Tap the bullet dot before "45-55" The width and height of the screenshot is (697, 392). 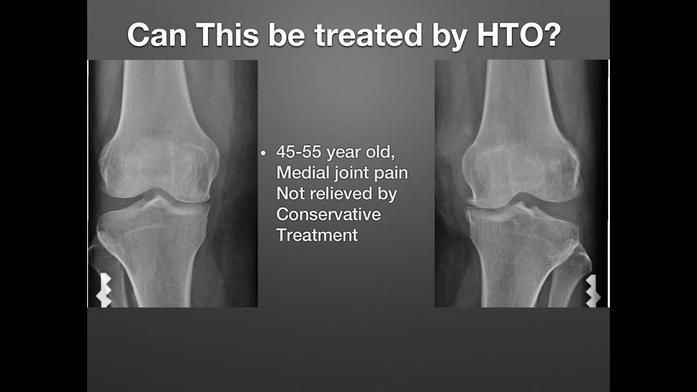click(x=263, y=154)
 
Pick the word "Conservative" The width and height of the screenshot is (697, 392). click(x=328, y=215)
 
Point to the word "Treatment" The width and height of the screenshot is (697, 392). click(x=317, y=235)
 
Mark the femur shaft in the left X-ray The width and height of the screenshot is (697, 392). click(x=163, y=93)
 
